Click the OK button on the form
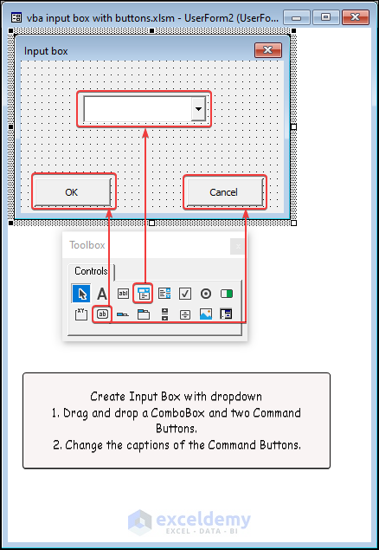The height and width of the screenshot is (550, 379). (73, 192)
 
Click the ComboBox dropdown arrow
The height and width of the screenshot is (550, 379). (198, 109)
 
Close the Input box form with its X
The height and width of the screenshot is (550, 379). (268, 50)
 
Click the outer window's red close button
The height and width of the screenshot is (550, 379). (355, 16)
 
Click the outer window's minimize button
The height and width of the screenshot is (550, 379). (296, 16)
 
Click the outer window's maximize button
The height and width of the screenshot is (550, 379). (325, 16)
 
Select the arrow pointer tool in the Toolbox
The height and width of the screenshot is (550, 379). (81, 294)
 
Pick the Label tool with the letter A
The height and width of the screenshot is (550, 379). (102, 294)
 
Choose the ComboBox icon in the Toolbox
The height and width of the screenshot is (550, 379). (144, 294)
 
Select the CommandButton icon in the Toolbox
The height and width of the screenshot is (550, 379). (102, 314)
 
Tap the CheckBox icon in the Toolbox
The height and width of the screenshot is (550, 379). (185, 294)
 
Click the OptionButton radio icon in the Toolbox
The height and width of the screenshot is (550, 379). (206, 294)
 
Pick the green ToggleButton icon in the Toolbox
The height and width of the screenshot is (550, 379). (227, 294)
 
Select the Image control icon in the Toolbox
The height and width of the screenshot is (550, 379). (206, 314)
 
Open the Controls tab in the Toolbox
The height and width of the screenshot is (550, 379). (91, 271)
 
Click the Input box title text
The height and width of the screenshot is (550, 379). (46, 51)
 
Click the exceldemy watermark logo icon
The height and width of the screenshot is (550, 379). (140, 522)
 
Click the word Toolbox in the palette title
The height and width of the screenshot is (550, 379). (87, 245)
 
